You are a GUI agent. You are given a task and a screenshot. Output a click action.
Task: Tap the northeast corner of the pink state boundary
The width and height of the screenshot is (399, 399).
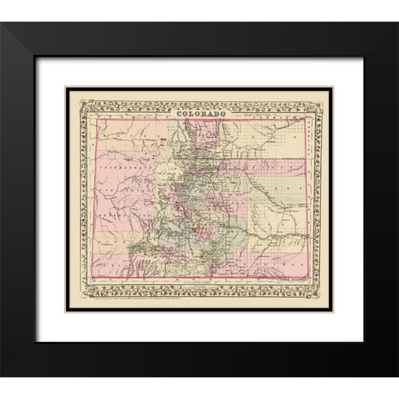coord(306,120)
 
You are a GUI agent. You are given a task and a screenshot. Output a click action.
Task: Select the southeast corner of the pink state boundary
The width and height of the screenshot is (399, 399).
coord(306,278)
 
